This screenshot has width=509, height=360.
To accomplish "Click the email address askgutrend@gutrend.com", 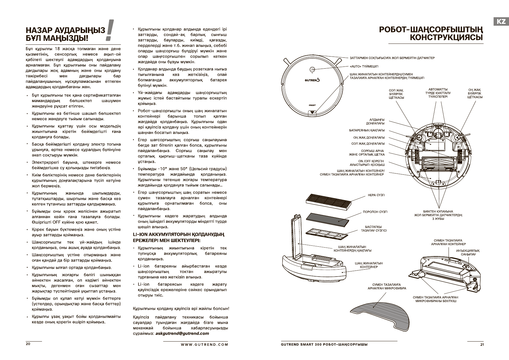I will click(x=182, y=333).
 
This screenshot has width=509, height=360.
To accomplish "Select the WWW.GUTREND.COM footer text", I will click(x=205, y=344).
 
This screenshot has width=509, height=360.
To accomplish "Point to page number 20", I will click(x=28, y=344).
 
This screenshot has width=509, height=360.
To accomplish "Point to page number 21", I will click(x=482, y=345).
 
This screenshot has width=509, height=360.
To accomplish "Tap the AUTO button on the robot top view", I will click(x=312, y=69).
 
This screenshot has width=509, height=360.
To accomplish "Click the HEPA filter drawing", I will click(x=329, y=200).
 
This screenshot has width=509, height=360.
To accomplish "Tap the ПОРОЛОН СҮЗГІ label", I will click(x=375, y=212).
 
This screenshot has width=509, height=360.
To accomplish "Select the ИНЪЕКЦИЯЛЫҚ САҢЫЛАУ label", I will click(x=468, y=252).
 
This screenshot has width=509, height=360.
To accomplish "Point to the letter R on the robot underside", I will click(x=459, y=147).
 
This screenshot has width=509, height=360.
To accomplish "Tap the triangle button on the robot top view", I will click(x=312, y=112).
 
